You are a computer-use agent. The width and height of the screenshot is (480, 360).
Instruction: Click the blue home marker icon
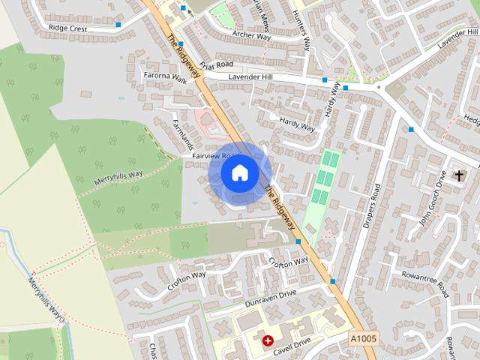pos(239,173)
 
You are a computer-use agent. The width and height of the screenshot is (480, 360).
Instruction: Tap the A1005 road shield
pos(364,340)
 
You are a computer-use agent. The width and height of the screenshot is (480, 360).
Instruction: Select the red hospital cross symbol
pos(268,340)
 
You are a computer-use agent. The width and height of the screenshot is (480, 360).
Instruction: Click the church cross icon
pos(459,175)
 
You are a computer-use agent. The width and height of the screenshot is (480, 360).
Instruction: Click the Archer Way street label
pos(250,34)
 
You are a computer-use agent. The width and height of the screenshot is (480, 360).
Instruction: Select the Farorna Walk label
pos(164,76)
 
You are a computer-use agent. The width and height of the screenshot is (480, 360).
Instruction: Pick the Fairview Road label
pos(214,155)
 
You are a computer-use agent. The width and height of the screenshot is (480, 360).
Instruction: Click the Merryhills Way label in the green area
pos(118,178)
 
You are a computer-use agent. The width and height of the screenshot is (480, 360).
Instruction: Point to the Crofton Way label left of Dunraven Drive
pos(187,280)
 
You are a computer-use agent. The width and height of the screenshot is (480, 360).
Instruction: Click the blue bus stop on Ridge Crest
pos(118,25)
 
